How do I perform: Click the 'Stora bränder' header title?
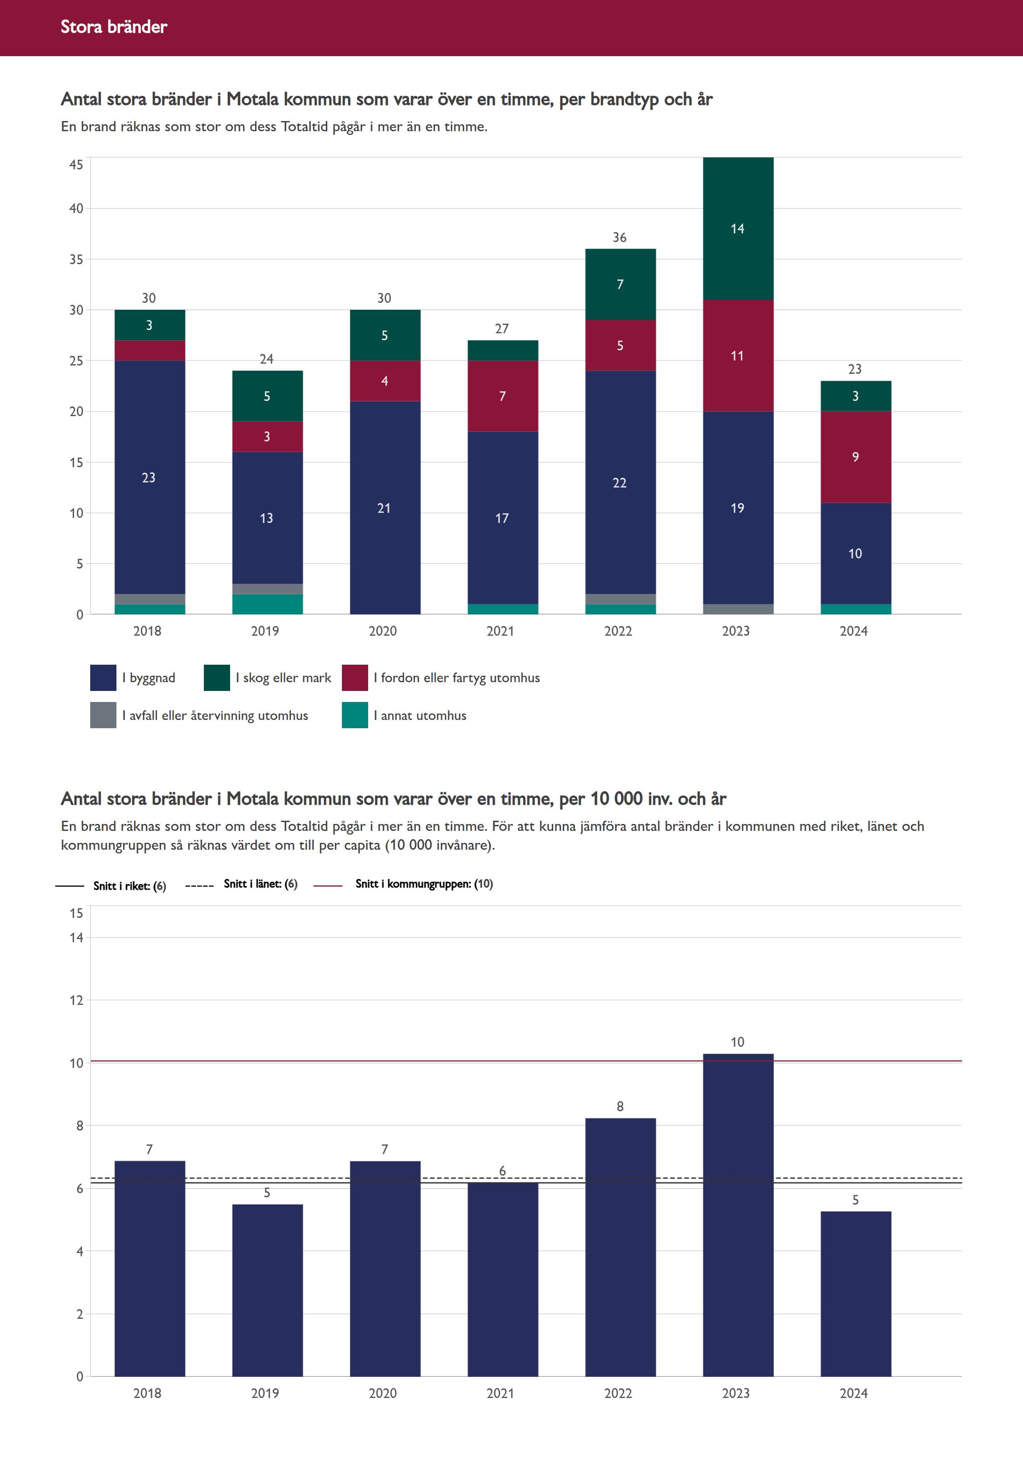tap(114, 27)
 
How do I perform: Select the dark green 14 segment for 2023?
tap(738, 228)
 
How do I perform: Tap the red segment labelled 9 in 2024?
tap(855, 457)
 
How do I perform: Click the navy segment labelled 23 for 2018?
tap(150, 478)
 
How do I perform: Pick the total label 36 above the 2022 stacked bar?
tap(619, 237)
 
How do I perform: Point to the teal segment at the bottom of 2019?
tap(267, 604)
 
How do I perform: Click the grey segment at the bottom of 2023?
tap(738, 609)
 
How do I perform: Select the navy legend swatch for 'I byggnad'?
tap(103, 678)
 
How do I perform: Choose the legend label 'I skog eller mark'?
tap(283, 678)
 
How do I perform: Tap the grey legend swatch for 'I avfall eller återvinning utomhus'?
tap(103, 715)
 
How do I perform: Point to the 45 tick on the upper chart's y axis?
tap(76, 165)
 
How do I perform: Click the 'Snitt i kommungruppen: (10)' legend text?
tap(424, 883)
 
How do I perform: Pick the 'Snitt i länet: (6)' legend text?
tap(260, 883)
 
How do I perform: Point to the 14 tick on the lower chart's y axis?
tap(76, 938)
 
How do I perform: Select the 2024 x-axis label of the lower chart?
tap(854, 1393)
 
